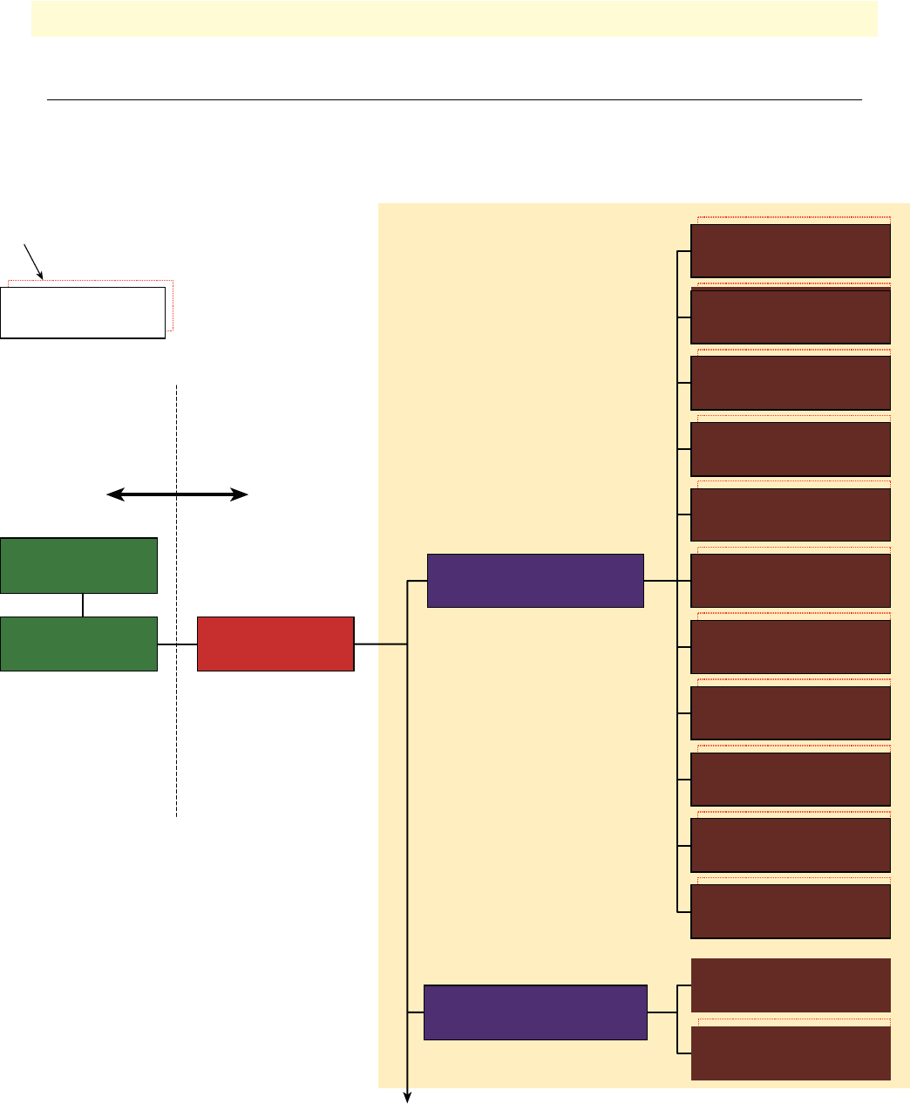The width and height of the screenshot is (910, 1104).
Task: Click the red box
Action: (275, 644)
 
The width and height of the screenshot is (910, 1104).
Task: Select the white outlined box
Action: (83, 312)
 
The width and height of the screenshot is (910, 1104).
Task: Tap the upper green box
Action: (79, 566)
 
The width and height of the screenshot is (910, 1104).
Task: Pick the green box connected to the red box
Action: (79, 644)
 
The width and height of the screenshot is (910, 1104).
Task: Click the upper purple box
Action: (535, 580)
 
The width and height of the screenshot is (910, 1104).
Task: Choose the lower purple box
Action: (535, 1012)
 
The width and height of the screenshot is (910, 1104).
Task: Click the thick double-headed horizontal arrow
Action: (177, 495)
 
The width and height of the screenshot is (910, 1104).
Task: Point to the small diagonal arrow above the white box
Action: (33, 262)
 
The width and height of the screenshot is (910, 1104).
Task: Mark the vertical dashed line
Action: (177, 698)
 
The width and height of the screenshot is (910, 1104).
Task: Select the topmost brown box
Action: (791, 251)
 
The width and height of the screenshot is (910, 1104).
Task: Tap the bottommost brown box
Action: (791, 1053)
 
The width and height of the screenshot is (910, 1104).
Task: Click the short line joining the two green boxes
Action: (83, 605)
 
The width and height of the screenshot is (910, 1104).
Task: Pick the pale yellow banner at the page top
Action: (454, 18)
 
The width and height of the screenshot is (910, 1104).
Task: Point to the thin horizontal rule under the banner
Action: (454, 100)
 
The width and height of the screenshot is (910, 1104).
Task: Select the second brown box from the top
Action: (791, 317)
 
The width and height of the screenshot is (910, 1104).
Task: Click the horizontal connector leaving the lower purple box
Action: (662, 1012)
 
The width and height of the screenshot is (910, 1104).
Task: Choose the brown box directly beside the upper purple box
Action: (791, 581)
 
